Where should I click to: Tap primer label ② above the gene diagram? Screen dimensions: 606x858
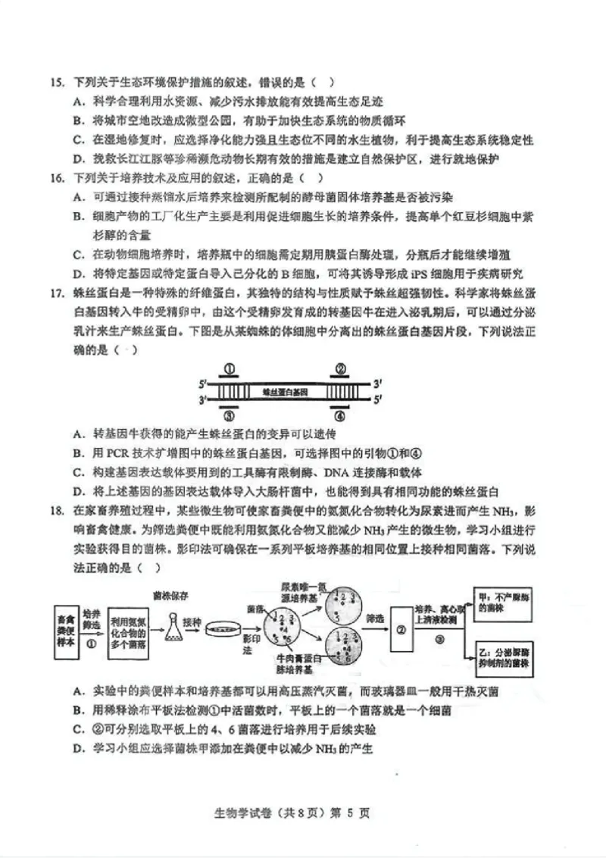(341, 370)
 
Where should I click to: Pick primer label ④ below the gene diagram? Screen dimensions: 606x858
(341, 416)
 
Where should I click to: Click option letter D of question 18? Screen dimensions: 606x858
(77, 749)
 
